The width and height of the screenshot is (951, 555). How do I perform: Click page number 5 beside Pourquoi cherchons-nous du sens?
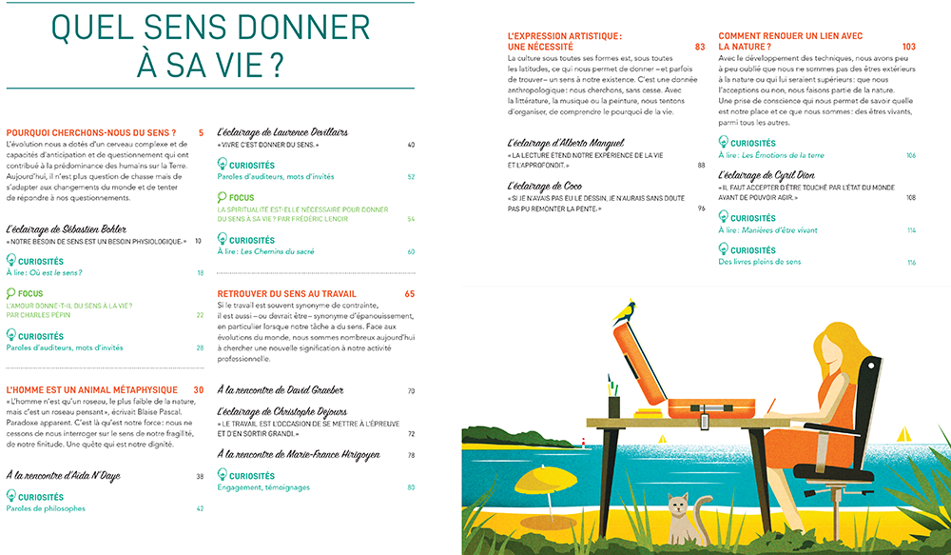coord(202,132)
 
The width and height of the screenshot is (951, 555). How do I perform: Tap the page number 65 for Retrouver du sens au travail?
coord(410,294)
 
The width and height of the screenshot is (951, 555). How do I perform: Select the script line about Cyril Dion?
coord(776,175)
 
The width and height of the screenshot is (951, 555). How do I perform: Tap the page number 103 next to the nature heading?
coord(908,47)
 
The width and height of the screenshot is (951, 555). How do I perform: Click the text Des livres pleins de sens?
coord(760,262)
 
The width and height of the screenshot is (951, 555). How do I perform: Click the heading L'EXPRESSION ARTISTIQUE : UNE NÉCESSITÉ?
coord(565,41)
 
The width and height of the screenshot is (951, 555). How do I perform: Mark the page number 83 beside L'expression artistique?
coord(700,47)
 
